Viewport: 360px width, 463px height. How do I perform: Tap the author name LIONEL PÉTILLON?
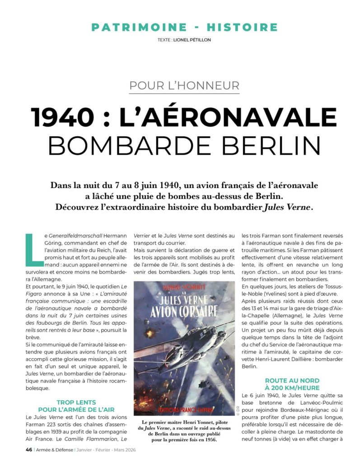[192, 40]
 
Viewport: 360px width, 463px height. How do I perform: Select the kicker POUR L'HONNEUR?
[184, 85]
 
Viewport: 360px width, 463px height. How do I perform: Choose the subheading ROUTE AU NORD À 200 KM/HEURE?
[292, 384]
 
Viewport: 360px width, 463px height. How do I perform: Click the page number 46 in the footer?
[28, 450]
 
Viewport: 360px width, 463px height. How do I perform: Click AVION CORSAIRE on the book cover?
[184, 312]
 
